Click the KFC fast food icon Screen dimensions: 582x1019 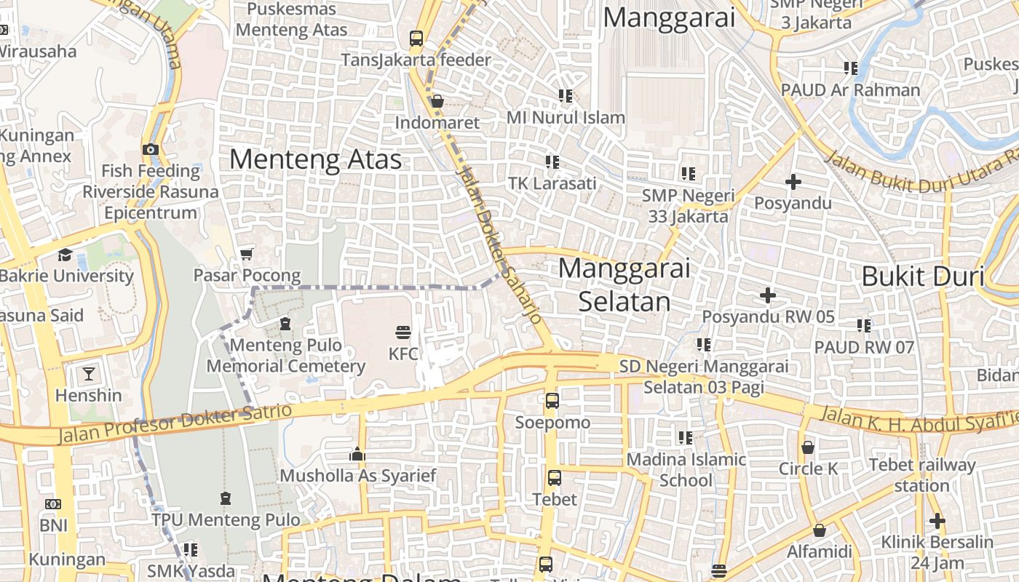(x=403, y=333)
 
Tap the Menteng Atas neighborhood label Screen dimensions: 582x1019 (x=315, y=159)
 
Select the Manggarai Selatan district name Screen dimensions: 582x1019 (x=624, y=284)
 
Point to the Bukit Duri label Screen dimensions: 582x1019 (x=922, y=276)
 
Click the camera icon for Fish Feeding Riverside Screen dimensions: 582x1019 (x=150, y=149)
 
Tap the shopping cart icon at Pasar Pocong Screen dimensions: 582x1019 (x=246, y=254)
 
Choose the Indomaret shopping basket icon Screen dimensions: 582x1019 (x=437, y=101)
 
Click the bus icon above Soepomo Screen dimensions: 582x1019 (x=552, y=400)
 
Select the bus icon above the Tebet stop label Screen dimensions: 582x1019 (x=554, y=478)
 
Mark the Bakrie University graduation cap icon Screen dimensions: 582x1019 (x=66, y=255)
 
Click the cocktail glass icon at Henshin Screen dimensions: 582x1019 (x=89, y=374)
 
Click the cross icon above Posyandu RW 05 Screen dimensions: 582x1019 (x=767, y=295)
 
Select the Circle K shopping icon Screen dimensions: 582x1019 (x=807, y=447)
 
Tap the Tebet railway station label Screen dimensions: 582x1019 (x=922, y=475)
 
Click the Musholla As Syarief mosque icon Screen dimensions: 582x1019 (x=357, y=454)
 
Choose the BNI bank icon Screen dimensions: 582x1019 (x=52, y=503)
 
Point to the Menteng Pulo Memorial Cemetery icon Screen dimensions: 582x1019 (x=285, y=323)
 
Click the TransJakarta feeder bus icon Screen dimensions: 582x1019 (x=416, y=38)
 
